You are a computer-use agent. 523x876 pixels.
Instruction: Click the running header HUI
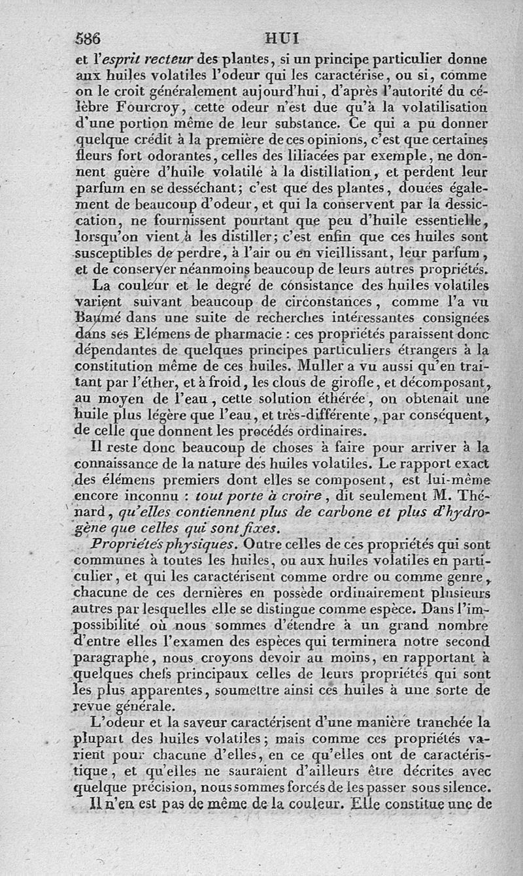[x=282, y=37]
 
